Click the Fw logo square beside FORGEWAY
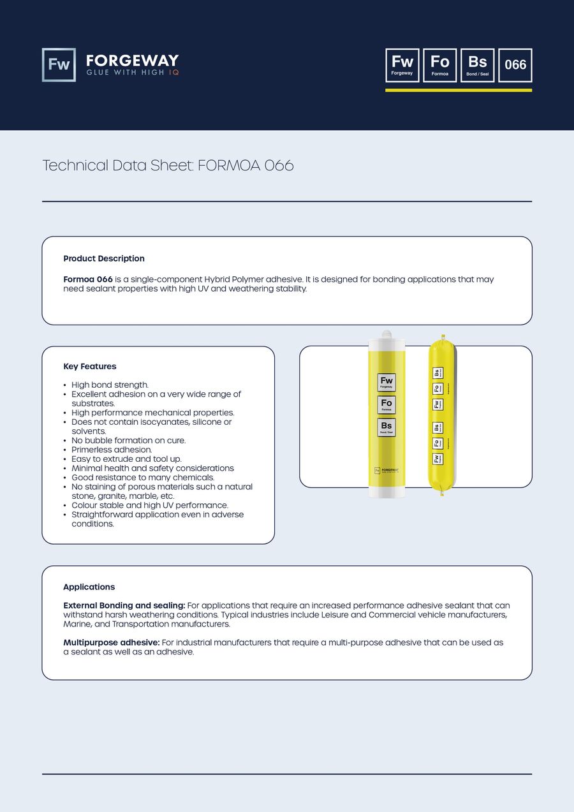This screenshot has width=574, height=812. [x=59, y=65]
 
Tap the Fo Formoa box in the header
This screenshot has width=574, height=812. [x=440, y=65]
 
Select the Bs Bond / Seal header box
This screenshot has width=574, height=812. [x=477, y=65]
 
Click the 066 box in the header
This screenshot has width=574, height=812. [x=515, y=65]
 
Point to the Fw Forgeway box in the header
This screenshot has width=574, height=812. [x=402, y=65]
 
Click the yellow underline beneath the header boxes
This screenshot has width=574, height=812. [x=459, y=90]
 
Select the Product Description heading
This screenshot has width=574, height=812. [x=104, y=258]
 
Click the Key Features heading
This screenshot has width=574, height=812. [x=90, y=366]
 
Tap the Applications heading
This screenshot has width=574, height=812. [x=89, y=587]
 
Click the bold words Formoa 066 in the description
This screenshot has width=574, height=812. [x=88, y=279]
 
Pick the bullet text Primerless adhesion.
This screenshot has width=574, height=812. [x=112, y=450]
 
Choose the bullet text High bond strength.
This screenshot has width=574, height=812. [x=110, y=385]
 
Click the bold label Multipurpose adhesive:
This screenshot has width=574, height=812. [x=112, y=642]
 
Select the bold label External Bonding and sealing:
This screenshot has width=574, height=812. [x=124, y=605]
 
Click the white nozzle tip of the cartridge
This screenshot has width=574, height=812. [x=386, y=334]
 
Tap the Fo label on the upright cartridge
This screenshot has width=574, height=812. [x=386, y=405]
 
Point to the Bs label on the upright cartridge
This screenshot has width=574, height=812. [x=386, y=427]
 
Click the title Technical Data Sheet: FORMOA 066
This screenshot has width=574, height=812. [x=168, y=165]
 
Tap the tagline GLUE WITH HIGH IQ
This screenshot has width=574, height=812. [x=133, y=73]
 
